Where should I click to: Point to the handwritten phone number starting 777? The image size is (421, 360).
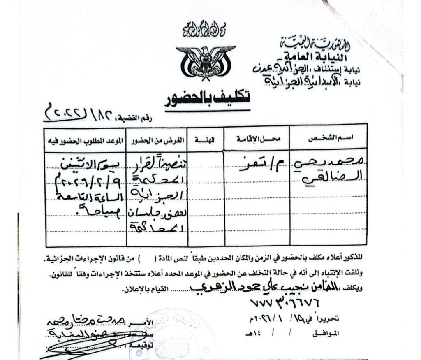click(284, 304)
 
